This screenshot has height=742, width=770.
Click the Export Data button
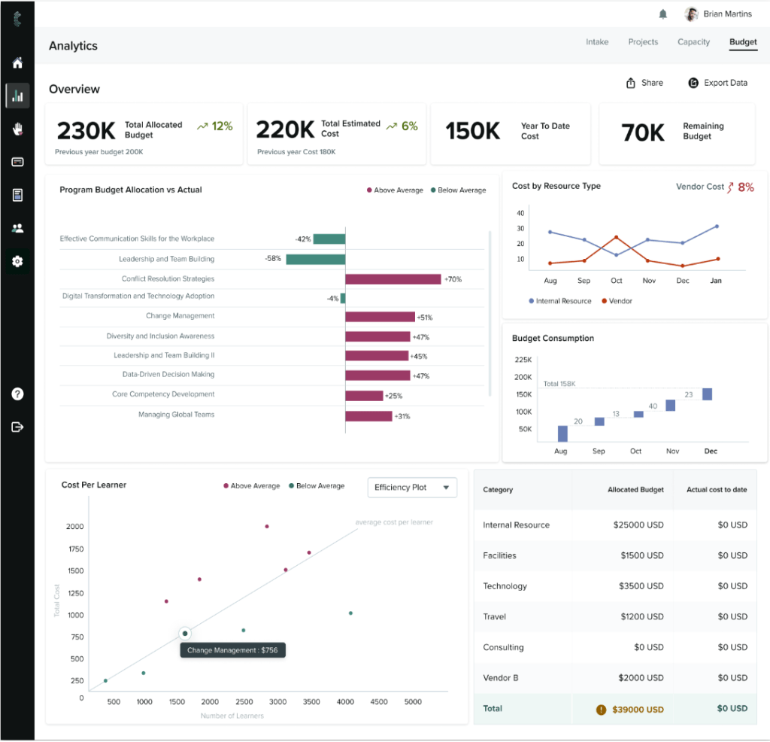(x=717, y=83)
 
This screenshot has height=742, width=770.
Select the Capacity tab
(x=693, y=42)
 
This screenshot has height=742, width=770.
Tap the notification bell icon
(x=662, y=14)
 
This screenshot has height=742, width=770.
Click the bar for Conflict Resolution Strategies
(x=393, y=279)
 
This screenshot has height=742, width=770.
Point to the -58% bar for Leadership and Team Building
(x=315, y=259)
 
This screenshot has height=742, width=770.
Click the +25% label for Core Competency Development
(x=393, y=396)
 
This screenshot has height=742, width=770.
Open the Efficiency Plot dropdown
(x=411, y=488)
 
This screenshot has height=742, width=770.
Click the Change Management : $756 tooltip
(x=233, y=650)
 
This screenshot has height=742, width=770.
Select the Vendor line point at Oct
(x=617, y=238)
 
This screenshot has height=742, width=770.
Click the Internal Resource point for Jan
(x=717, y=227)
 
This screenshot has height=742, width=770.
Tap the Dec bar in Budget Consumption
(x=707, y=394)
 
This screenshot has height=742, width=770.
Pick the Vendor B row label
(x=500, y=678)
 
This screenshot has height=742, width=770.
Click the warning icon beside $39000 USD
(x=601, y=709)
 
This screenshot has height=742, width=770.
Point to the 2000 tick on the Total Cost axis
(x=74, y=527)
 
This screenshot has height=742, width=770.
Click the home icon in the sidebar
(x=17, y=63)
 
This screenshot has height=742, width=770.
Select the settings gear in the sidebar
(x=17, y=261)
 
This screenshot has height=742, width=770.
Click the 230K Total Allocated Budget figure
(x=86, y=131)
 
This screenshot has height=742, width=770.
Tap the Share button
(x=644, y=83)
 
